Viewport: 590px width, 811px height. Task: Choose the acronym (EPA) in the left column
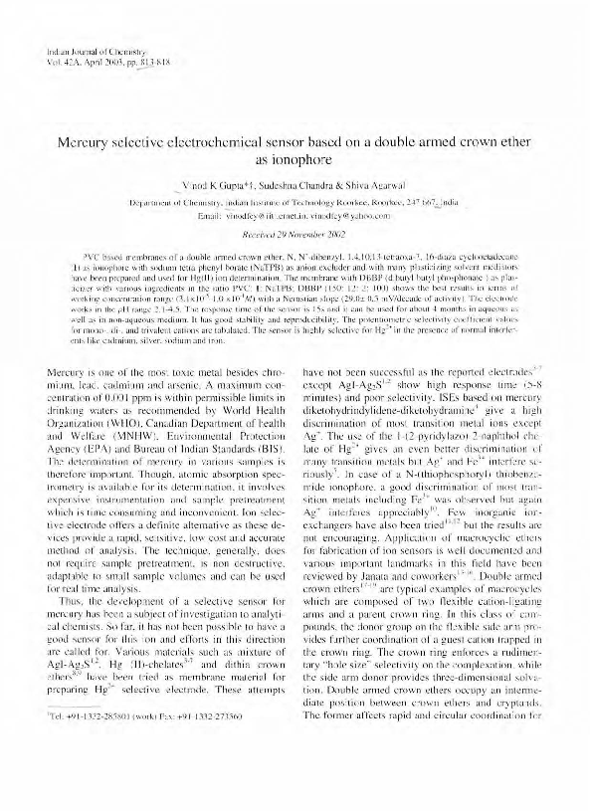[x=92, y=440]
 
